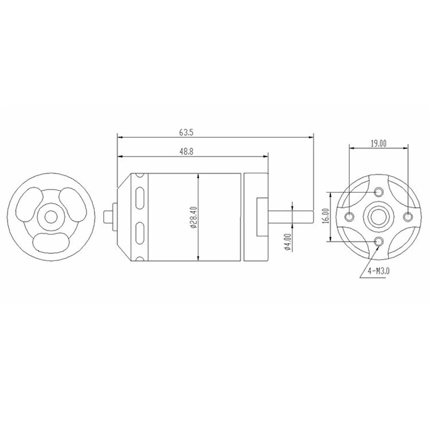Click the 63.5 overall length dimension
pos(186,133)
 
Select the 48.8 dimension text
pos(186,152)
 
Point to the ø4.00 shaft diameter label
pos(288,242)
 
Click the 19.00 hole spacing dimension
pos(378,143)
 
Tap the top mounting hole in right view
pos(378,192)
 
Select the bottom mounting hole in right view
pos(378,242)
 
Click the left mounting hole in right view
pos(349,216)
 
